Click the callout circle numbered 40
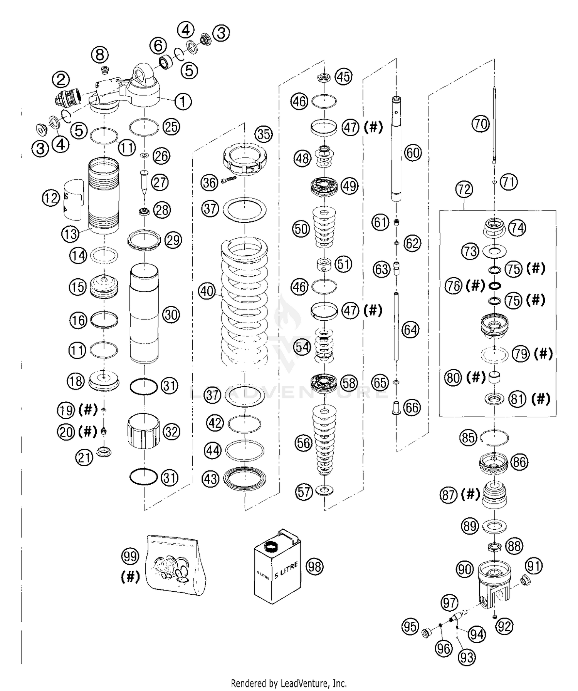(x=207, y=291)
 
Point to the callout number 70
(x=480, y=124)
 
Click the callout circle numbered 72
(x=464, y=189)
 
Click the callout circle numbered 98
(x=314, y=566)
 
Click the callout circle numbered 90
(x=465, y=569)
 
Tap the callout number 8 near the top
(x=99, y=55)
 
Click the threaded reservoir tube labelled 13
(x=104, y=196)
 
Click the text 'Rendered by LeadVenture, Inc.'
(x=289, y=683)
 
